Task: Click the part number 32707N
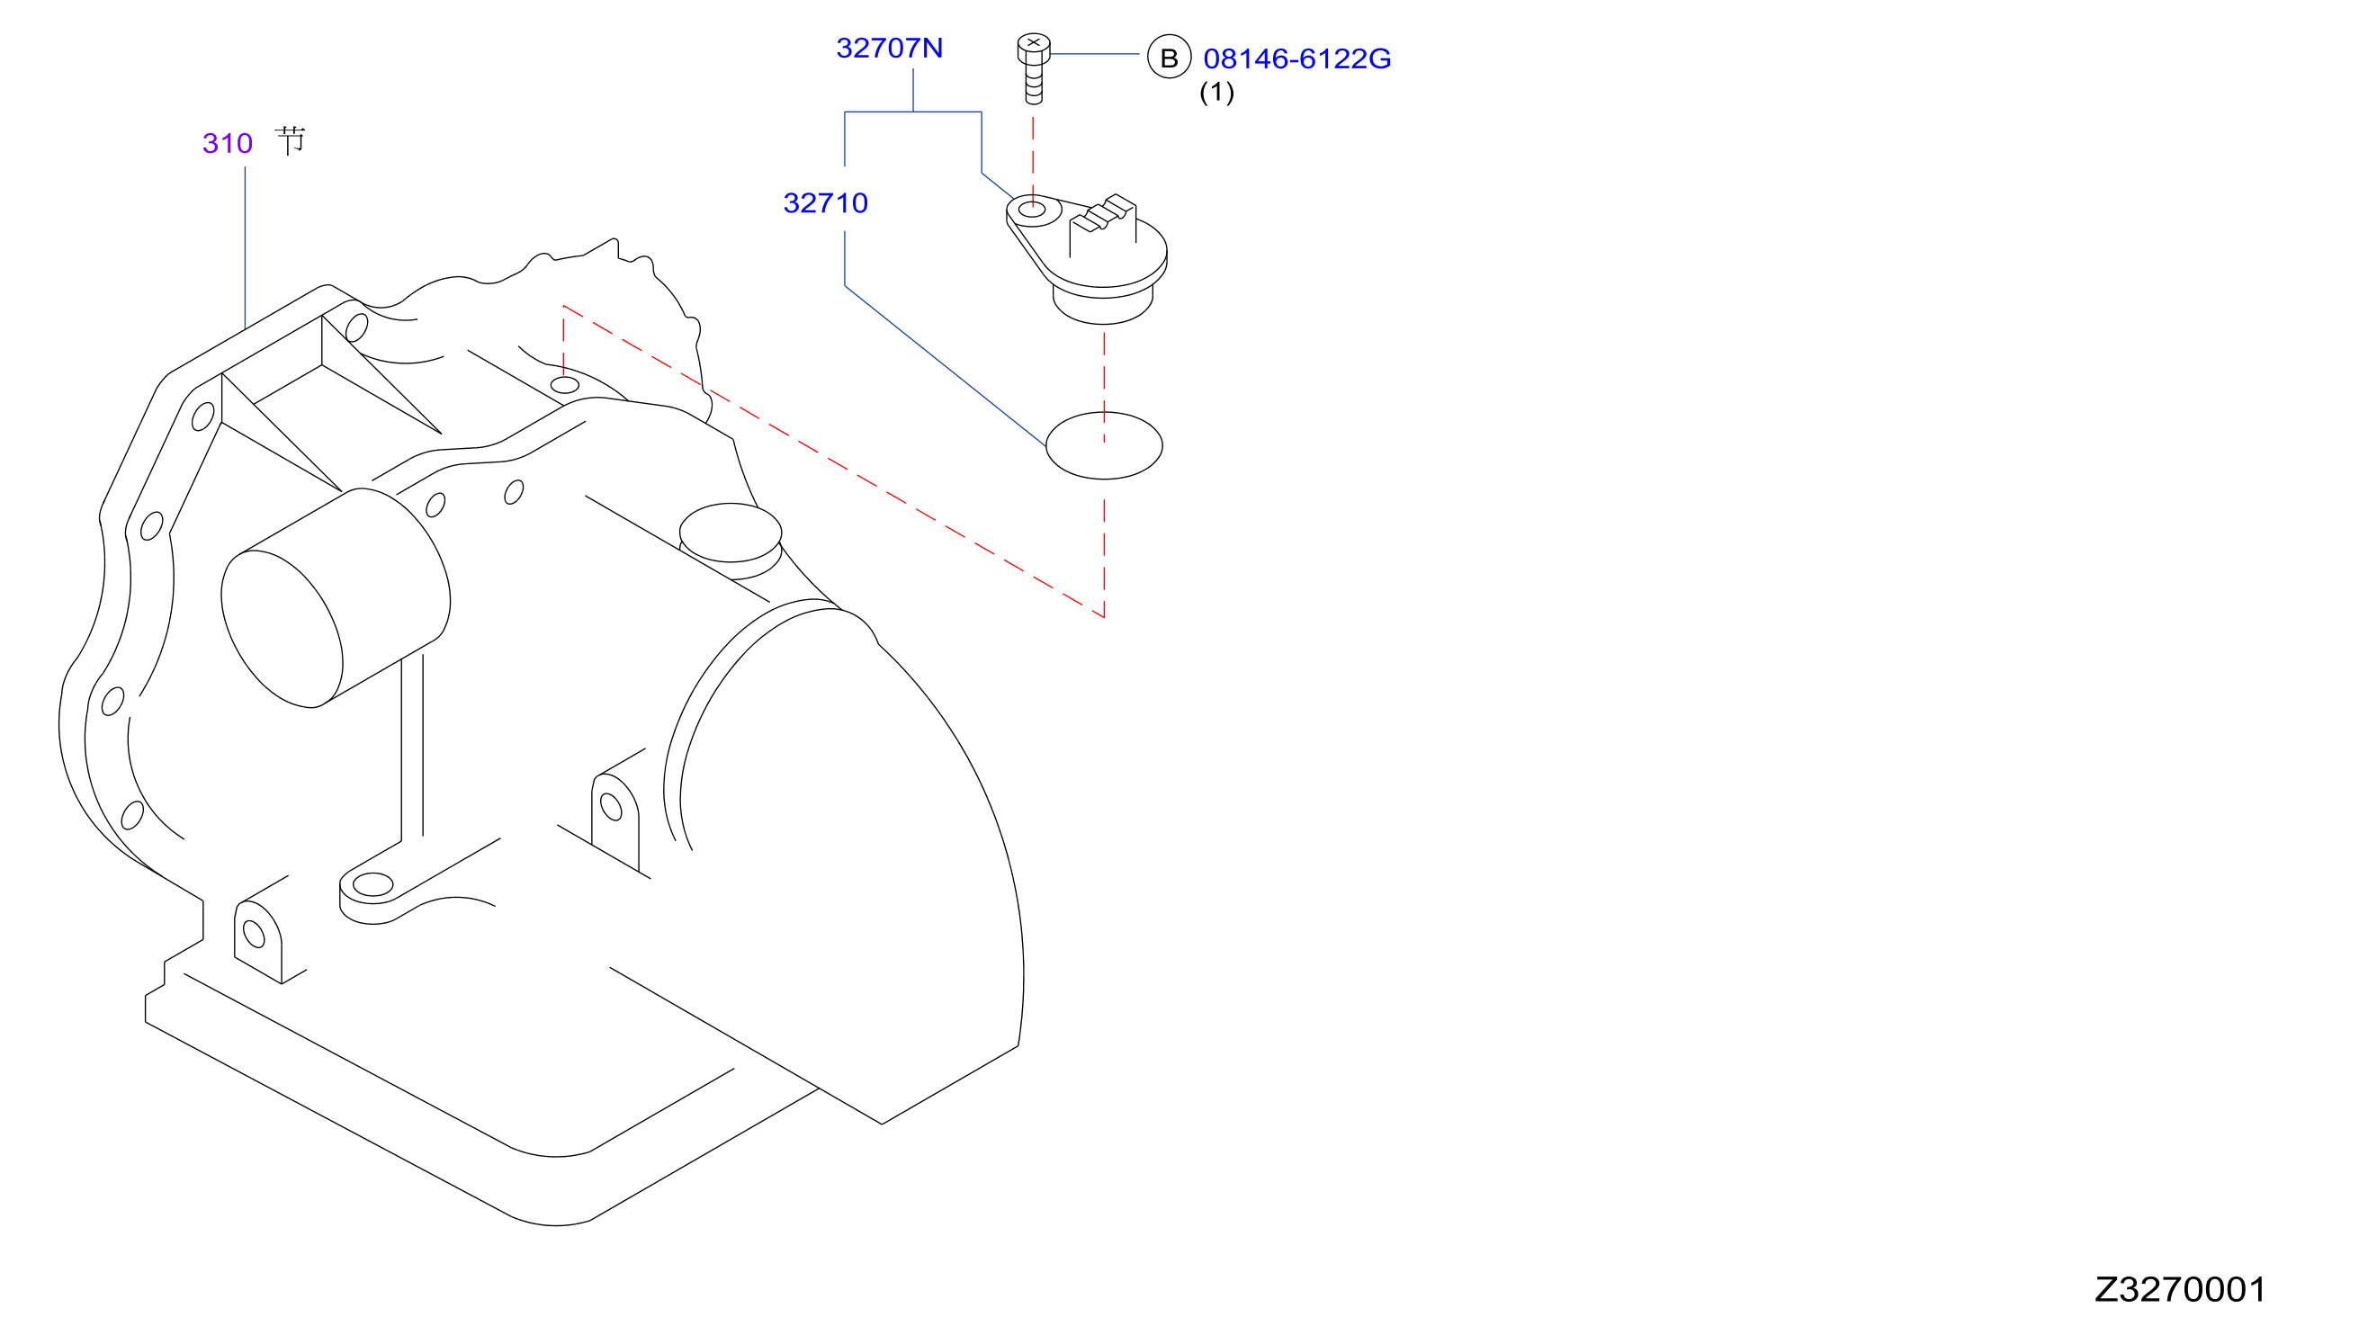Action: tap(888, 48)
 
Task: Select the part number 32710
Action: tap(825, 202)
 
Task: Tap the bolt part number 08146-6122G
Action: tap(1296, 58)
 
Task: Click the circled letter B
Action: tap(1169, 57)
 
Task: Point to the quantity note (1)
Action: tap(1216, 92)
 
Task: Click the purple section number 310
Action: tap(228, 143)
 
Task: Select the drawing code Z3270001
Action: tap(2179, 1289)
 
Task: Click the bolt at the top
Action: tap(1033, 68)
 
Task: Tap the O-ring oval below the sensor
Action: tap(1104, 445)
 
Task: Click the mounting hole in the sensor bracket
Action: tap(1032, 210)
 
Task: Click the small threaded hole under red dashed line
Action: tap(565, 385)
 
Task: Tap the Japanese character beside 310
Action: tap(290, 141)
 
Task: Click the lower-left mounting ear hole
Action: tap(254, 935)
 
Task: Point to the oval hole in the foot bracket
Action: tap(373, 885)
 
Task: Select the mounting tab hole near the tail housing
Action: tap(611, 807)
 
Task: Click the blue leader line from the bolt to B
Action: tap(1095, 54)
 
